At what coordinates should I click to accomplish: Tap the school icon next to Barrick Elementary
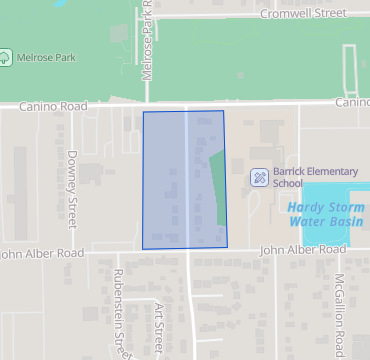tap(259, 177)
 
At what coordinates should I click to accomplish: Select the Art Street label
tap(158, 329)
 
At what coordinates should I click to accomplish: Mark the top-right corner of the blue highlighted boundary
tap(222, 111)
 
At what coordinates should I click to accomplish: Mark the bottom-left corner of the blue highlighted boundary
tap(142, 249)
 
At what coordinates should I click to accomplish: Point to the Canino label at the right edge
tap(352, 102)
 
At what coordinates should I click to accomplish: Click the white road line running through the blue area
tap(186, 180)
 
